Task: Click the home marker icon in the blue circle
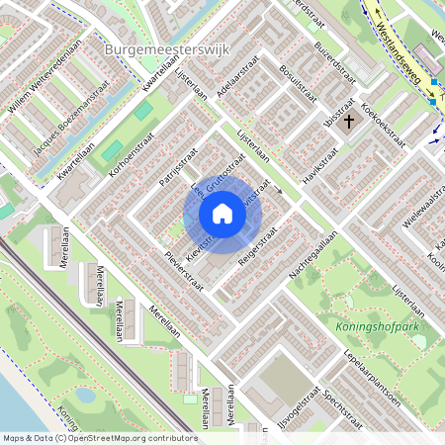[x=222, y=214]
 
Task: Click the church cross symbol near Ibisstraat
[x=348, y=122]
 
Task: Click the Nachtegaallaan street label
[x=315, y=253]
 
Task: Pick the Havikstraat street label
[x=320, y=165]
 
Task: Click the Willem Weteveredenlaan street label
[x=43, y=77]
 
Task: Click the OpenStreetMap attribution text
[x=99, y=438]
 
